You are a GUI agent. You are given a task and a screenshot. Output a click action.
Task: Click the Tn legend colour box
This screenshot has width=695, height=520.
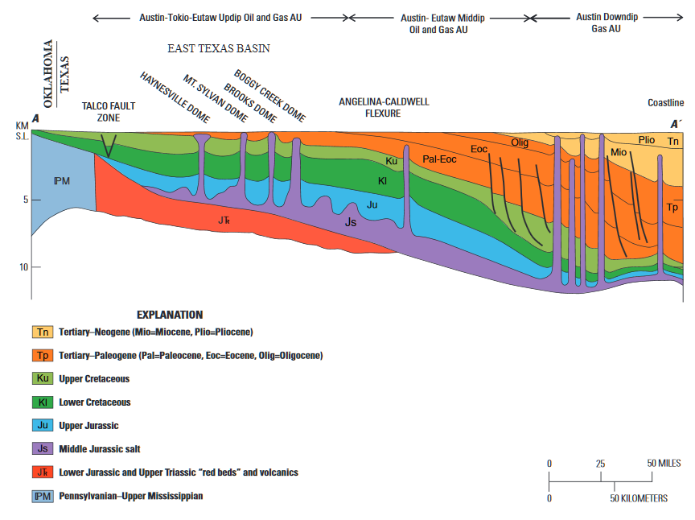tap(42, 332)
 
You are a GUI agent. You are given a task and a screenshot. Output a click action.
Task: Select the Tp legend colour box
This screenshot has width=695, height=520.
tap(42, 355)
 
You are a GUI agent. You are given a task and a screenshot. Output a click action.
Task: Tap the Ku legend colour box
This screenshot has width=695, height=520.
tap(42, 378)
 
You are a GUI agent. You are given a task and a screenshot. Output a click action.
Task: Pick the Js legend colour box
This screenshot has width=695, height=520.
tap(42, 449)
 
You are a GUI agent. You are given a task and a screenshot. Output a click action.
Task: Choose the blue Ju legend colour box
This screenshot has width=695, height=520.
tap(42, 426)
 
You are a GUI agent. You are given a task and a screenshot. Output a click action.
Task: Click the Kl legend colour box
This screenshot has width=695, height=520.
tap(42, 402)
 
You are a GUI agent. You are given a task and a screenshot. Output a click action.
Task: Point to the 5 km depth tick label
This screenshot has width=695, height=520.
tap(25, 200)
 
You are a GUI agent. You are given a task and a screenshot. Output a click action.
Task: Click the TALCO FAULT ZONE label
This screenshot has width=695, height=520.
tap(109, 111)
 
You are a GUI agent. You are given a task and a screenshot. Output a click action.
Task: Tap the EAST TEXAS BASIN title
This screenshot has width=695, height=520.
tap(219, 49)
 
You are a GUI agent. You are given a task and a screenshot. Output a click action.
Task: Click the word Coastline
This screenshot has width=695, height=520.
tap(665, 103)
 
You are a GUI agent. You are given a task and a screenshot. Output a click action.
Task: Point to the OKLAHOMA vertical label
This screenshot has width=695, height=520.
tap(49, 74)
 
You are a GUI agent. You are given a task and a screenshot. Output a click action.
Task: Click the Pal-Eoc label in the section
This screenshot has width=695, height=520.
tap(440, 159)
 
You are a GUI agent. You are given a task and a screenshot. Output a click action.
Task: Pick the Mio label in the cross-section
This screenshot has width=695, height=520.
tap(619, 151)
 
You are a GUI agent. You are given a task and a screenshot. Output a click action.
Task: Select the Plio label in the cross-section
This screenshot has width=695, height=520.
tap(647, 139)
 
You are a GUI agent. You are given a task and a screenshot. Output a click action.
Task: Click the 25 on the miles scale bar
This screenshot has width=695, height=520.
tap(600, 464)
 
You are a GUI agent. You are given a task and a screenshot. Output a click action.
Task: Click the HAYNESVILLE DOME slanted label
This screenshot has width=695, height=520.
tap(175, 97)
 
